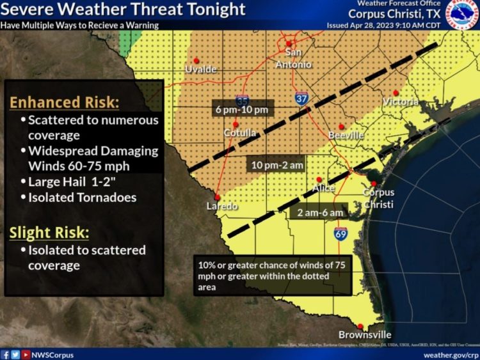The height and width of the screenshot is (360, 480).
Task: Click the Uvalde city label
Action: (201, 68)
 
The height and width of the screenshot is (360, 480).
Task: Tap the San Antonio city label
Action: (294, 58)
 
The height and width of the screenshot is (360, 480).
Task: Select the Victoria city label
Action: (401, 102)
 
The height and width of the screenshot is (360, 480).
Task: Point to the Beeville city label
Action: (346, 136)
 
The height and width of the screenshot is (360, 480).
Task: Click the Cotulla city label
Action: (241, 133)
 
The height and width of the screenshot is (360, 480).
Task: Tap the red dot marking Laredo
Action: (218, 197)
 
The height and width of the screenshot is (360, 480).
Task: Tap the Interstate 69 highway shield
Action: (340, 234)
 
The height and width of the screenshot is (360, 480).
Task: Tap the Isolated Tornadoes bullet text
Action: (82, 198)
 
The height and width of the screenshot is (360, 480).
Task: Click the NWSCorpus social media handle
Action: (53, 354)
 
